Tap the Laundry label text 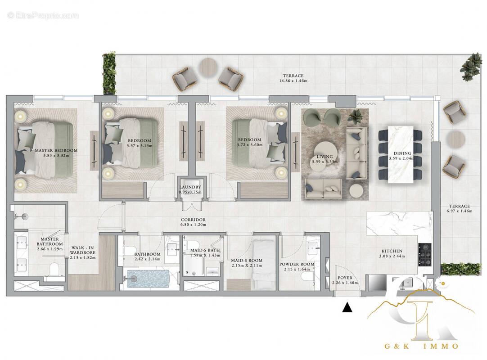pos(190,189)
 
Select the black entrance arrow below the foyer pos(347,308)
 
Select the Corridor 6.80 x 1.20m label pos(193,222)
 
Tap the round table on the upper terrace pos(208,67)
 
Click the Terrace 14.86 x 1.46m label pos(293,78)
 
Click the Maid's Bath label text pos(201,252)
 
